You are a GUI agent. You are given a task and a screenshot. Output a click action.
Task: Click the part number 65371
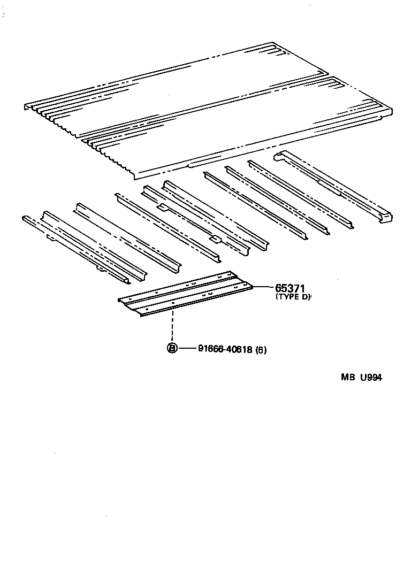click(292, 288)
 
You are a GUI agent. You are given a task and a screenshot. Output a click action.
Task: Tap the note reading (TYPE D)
click(293, 297)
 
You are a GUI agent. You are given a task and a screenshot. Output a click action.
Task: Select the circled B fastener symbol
click(172, 349)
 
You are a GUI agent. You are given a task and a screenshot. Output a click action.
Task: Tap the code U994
click(371, 377)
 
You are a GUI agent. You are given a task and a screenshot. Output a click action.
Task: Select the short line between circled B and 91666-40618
click(187, 349)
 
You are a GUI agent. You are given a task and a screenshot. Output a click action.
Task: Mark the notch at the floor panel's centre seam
click(328, 75)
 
